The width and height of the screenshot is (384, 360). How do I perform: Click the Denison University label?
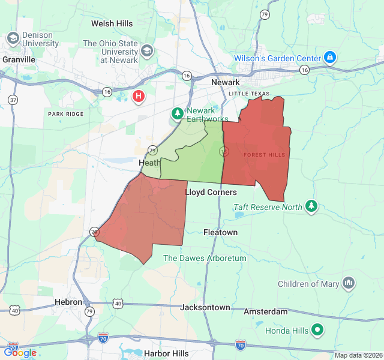[x=40, y=39]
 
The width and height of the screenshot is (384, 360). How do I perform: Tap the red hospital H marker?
[x=139, y=95]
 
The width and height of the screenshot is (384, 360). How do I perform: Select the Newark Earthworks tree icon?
[x=178, y=113]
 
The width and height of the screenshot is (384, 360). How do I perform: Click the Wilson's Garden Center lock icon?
[x=329, y=58]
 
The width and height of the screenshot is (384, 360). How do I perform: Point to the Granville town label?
[x=19, y=59]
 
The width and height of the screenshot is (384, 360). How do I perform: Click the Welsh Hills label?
[x=112, y=23]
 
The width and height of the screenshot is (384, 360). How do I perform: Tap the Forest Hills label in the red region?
[x=264, y=155]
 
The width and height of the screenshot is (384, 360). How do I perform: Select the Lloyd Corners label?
[x=211, y=192]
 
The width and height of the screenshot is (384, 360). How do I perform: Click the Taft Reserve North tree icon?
[x=311, y=206]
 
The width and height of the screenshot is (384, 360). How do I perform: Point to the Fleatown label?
[x=220, y=232]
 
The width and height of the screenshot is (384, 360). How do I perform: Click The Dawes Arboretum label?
[x=205, y=258]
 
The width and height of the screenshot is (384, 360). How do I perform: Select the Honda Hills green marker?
[x=317, y=330]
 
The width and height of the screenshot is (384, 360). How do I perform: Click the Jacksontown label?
[x=205, y=307]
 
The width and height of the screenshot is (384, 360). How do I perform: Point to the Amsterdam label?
[x=265, y=311]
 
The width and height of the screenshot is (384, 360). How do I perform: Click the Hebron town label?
[x=68, y=302]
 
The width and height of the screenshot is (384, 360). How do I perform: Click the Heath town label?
[x=149, y=163]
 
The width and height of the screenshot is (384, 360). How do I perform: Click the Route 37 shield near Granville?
[x=13, y=99]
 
